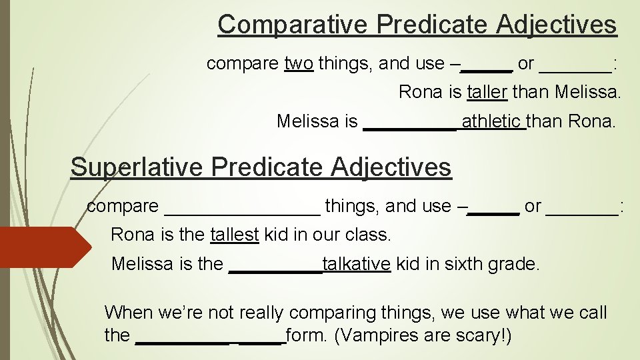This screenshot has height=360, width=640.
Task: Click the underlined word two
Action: (298, 64)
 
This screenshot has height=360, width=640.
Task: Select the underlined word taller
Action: (487, 92)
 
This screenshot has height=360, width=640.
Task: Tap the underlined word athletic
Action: (492, 122)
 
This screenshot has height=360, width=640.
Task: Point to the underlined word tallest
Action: (234, 235)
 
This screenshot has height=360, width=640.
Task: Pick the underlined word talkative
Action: (356, 265)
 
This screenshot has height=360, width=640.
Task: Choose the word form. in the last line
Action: (307, 335)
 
